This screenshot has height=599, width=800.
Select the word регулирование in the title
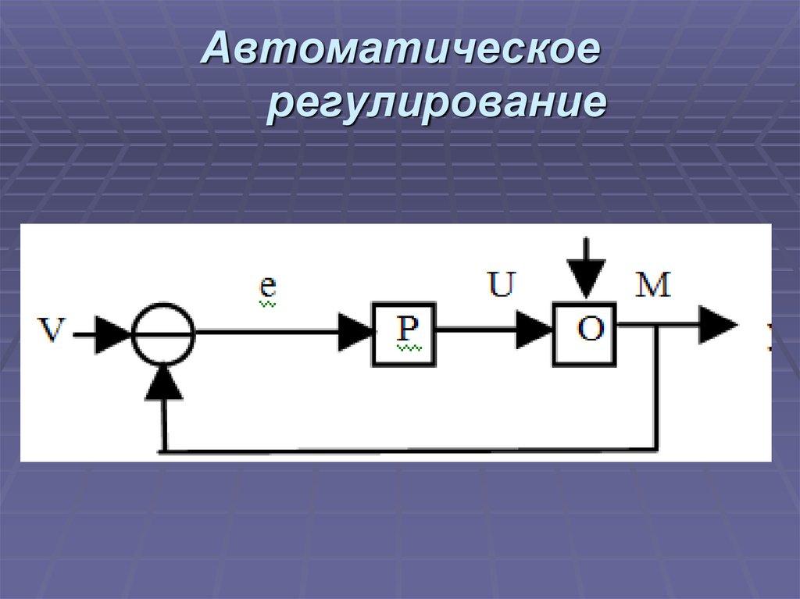pos(437,105)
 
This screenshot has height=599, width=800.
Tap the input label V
pos(52,331)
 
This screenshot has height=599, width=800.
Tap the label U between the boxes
pos(501,284)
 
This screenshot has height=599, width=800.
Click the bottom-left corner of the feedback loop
pos(164,451)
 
